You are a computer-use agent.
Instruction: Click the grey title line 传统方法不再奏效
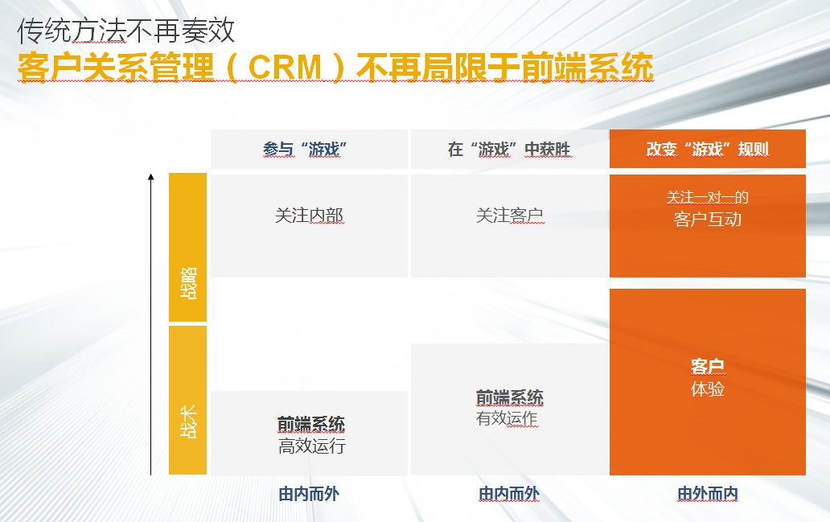(126, 31)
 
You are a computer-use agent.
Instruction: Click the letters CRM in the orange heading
(285, 68)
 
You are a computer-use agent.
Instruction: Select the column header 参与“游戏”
(305, 150)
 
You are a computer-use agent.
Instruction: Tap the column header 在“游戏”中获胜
(509, 150)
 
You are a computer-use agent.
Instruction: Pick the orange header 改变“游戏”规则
(708, 150)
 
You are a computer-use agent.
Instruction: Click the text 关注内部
(309, 216)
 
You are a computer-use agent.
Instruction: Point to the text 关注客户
(510, 216)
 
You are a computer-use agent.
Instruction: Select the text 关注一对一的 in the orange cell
(708, 198)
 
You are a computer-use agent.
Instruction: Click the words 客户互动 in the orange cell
(708, 220)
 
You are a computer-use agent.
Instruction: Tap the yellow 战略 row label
(188, 283)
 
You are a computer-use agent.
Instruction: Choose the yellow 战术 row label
(188, 422)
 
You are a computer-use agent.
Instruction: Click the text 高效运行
(312, 446)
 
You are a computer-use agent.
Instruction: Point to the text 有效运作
(507, 419)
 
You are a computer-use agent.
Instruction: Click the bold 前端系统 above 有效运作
(510, 397)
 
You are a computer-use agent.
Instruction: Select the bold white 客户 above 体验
(708, 366)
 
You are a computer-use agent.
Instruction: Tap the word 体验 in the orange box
(708, 389)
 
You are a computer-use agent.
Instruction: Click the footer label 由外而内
(708, 494)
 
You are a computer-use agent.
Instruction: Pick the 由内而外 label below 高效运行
(309, 494)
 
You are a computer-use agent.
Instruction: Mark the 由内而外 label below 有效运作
(509, 494)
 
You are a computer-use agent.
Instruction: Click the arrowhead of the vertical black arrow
(151, 177)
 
